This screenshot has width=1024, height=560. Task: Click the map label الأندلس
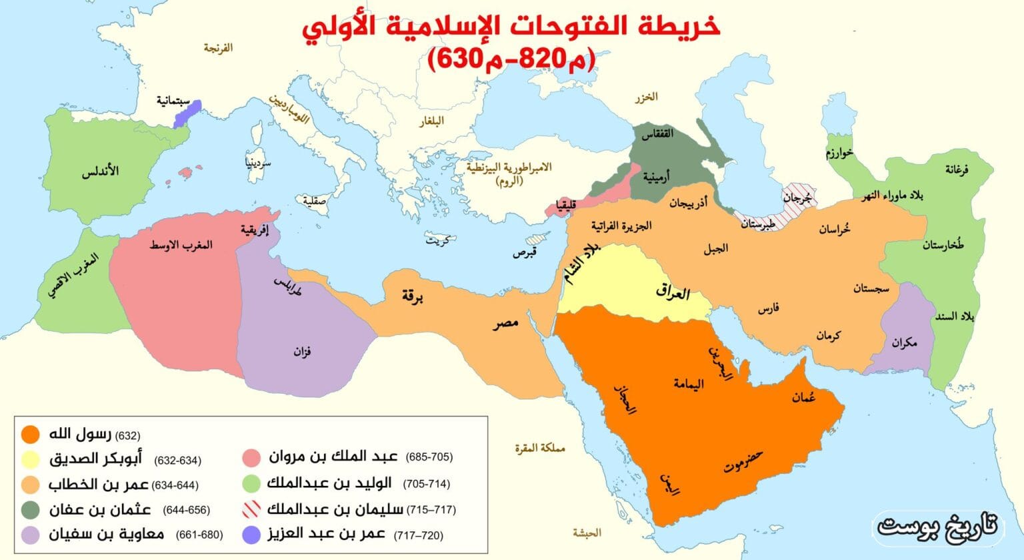tap(100, 172)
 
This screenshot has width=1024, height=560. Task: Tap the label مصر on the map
tap(505, 325)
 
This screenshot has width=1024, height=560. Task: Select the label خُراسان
tap(834, 229)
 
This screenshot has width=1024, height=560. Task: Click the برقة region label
tap(413, 296)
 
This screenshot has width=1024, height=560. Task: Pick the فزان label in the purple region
tap(302, 351)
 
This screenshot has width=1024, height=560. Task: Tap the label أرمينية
tap(657, 178)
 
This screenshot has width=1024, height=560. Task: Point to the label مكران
tap(904, 342)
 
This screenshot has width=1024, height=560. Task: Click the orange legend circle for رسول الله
tap(29, 435)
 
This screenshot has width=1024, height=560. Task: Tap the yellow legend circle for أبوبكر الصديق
tap(29, 459)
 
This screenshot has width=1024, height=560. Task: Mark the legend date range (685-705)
tap(428, 457)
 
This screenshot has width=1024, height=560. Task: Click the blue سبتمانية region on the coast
tap(181, 115)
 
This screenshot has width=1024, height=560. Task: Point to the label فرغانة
tap(957, 170)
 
